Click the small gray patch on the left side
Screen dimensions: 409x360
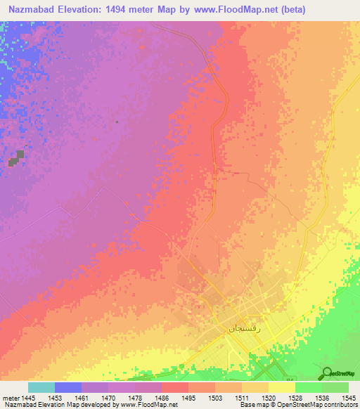point(17,157)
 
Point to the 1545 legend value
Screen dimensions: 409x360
point(348,398)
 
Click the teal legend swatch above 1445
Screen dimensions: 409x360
point(41,387)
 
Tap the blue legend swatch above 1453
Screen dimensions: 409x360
point(67,387)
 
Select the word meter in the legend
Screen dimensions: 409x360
point(12,398)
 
